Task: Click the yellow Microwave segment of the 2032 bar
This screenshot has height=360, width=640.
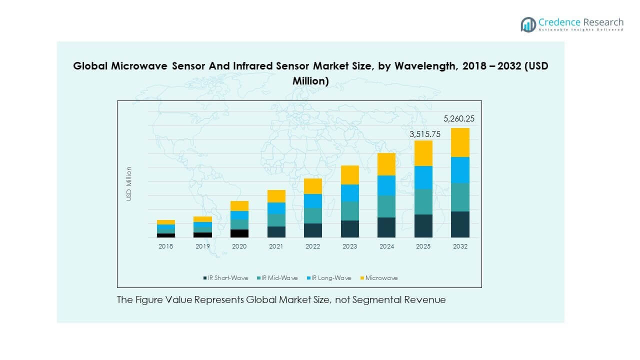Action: (x=460, y=142)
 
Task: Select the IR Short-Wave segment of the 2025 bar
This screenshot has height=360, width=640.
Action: (x=423, y=225)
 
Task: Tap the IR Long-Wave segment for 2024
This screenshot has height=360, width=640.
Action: (x=386, y=185)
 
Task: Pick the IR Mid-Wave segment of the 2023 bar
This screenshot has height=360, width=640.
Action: (x=349, y=211)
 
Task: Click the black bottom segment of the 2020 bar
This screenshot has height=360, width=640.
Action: (x=239, y=233)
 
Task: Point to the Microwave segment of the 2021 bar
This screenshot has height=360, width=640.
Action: (x=276, y=196)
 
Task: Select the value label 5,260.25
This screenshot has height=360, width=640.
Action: (x=459, y=119)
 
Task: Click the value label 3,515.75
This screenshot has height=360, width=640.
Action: (x=422, y=134)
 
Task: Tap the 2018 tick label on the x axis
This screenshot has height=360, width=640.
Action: (x=165, y=246)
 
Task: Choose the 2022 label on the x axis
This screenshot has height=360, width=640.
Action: (x=313, y=246)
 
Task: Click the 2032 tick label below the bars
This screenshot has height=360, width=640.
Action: (x=460, y=246)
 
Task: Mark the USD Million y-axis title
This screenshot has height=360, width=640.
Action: (x=129, y=184)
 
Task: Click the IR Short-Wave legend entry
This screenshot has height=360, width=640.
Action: (x=225, y=278)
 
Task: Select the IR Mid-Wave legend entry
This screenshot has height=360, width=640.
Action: (x=277, y=278)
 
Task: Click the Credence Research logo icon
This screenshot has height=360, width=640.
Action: (x=528, y=24)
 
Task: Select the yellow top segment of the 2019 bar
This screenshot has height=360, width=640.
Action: (x=202, y=219)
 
